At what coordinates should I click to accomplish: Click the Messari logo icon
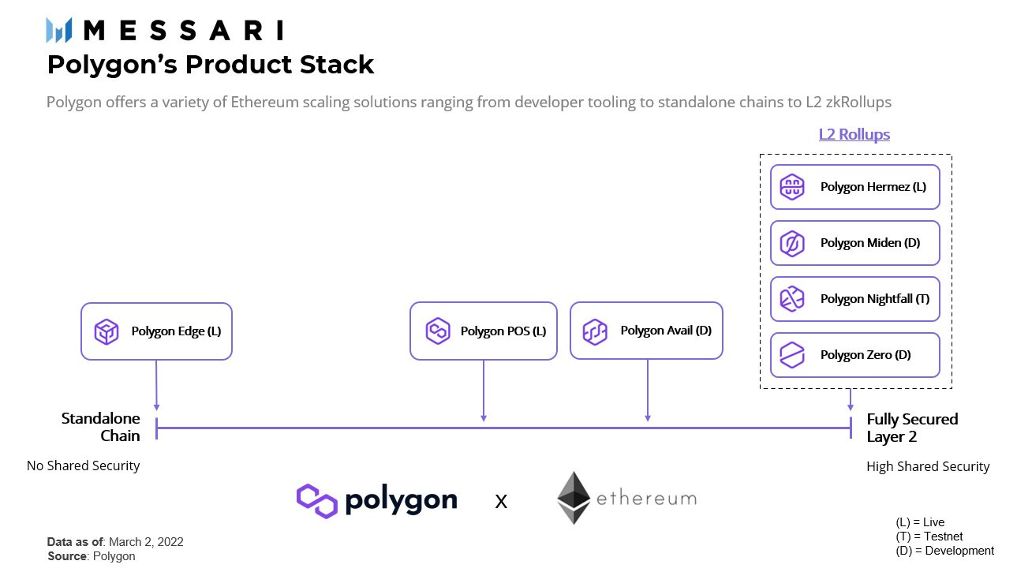(59, 30)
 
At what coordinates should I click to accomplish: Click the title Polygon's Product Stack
(210, 65)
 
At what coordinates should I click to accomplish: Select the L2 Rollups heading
(854, 134)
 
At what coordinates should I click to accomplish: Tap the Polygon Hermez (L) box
(854, 187)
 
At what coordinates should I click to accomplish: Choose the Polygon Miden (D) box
(854, 243)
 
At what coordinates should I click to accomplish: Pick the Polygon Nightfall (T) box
(854, 299)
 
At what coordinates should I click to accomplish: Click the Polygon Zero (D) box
(854, 355)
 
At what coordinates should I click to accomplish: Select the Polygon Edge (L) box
(156, 331)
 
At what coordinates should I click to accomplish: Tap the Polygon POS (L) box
(483, 331)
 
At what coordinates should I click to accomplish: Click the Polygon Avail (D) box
(646, 331)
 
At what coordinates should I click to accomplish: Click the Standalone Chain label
(101, 427)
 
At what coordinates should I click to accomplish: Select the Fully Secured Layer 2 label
(912, 428)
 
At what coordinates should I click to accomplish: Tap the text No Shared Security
(83, 465)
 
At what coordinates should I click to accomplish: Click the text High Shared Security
(927, 466)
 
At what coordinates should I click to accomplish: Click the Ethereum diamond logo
(573, 498)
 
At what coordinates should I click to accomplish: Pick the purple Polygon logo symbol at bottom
(317, 500)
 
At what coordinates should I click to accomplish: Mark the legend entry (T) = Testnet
(929, 536)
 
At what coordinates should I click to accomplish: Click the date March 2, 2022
(146, 542)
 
